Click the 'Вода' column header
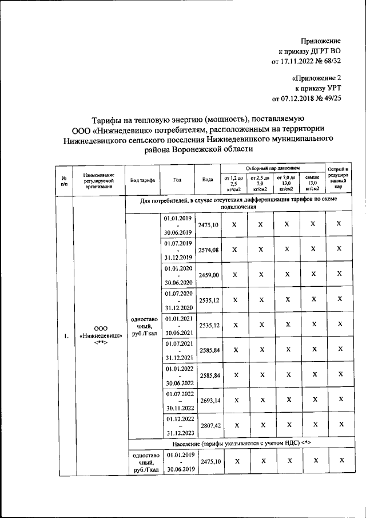tap(208, 179)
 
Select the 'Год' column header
tap(177, 179)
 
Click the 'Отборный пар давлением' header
tap(272, 168)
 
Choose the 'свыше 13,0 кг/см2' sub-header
tap(312, 183)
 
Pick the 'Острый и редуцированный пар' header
tap(339, 178)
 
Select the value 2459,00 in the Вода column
tap(208, 275)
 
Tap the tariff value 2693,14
tap(208, 401)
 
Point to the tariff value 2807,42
tap(208, 426)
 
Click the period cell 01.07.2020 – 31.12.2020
tap(178, 300)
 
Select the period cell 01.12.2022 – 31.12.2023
tap(178, 426)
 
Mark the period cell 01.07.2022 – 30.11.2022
tap(178, 401)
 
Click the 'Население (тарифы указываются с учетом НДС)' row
tap(240, 444)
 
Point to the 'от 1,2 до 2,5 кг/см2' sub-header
tap(233, 183)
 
